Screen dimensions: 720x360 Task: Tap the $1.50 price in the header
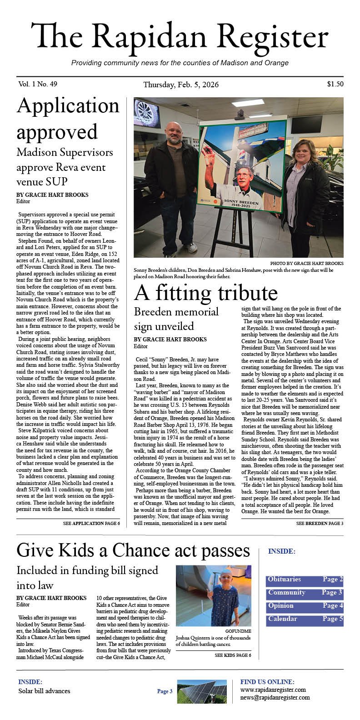click(x=335, y=84)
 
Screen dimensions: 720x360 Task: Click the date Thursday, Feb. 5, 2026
click(x=180, y=85)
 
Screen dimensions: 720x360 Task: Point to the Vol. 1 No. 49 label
click(x=38, y=84)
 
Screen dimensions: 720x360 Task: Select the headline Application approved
click(x=68, y=119)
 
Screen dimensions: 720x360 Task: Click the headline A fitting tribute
click(x=205, y=293)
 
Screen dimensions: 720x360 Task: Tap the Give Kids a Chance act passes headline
click(x=133, y=550)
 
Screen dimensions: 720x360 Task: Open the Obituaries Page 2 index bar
click(x=305, y=580)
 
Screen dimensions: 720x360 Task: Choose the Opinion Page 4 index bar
click(x=305, y=606)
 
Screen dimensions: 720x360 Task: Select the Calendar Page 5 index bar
click(x=305, y=619)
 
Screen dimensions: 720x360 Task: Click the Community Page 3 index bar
click(x=305, y=593)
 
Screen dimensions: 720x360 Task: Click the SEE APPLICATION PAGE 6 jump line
click(x=91, y=524)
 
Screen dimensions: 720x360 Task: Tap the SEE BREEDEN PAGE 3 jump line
click(x=320, y=524)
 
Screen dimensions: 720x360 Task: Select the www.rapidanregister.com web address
click(x=273, y=690)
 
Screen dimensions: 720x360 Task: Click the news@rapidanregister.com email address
click(x=275, y=697)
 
